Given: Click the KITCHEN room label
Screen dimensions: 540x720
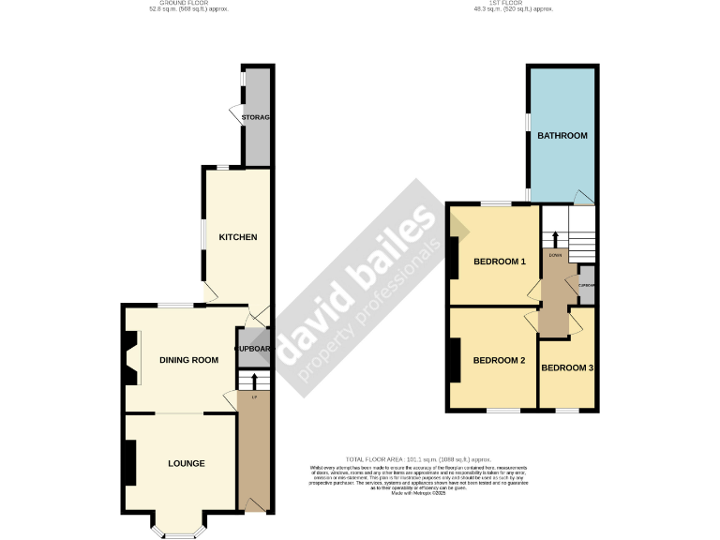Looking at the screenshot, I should point(237,237).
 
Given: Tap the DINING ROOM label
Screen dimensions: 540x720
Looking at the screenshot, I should point(188,360).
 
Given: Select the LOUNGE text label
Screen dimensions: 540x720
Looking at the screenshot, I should point(187,463).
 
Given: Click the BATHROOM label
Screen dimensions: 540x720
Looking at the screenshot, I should point(562,136).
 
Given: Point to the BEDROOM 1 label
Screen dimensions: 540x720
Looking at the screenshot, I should point(499,262).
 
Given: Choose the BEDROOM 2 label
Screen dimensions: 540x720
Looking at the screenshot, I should point(498,361).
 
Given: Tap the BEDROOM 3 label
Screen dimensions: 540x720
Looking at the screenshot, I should point(567,368).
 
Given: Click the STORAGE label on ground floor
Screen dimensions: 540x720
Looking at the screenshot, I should point(256,117).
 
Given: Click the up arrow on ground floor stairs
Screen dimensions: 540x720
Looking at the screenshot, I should point(254,380).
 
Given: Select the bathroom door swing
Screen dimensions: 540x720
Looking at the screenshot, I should point(583,197).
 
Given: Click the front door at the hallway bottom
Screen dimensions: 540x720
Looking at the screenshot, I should point(252,506).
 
